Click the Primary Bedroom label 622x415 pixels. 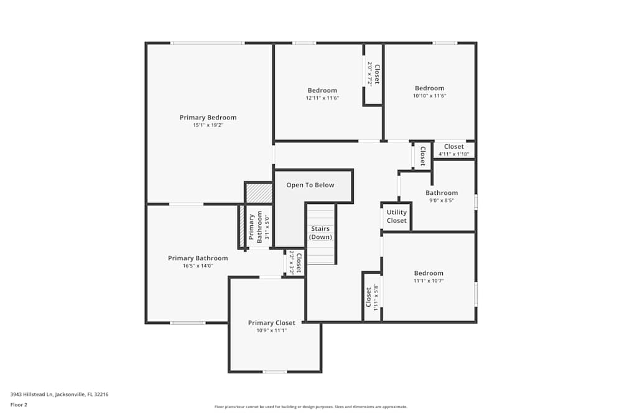coord(208,118)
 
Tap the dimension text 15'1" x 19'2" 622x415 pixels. coord(208,125)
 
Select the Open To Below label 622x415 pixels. coord(310,185)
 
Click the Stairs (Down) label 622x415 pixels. coord(320,233)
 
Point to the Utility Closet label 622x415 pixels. coord(396,217)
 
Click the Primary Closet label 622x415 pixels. coord(271,323)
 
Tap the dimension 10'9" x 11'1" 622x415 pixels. coord(271,330)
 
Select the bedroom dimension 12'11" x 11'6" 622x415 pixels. coord(322,98)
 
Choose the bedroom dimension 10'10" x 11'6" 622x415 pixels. coord(429,96)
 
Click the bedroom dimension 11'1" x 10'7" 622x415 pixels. coord(429,281)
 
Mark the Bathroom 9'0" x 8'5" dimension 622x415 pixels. coord(442,200)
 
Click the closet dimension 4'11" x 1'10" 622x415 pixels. coord(453,154)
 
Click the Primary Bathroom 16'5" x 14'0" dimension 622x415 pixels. coord(198,266)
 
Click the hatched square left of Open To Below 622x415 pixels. coord(259,193)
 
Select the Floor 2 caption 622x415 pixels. coord(19,404)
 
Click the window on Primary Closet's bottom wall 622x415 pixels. coord(274,372)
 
